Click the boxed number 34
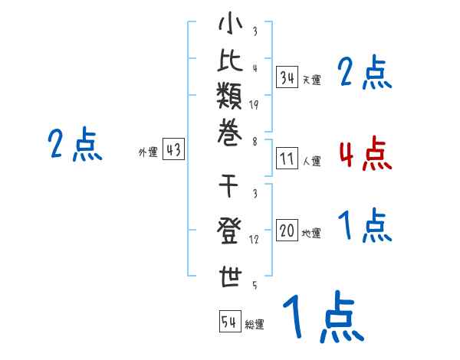(x=287, y=77)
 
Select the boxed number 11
(x=287, y=159)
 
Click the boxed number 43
(x=173, y=150)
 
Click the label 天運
(x=312, y=80)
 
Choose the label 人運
(x=312, y=162)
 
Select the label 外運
(x=148, y=152)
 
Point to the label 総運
(x=255, y=325)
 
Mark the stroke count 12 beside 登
(x=254, y=240)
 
